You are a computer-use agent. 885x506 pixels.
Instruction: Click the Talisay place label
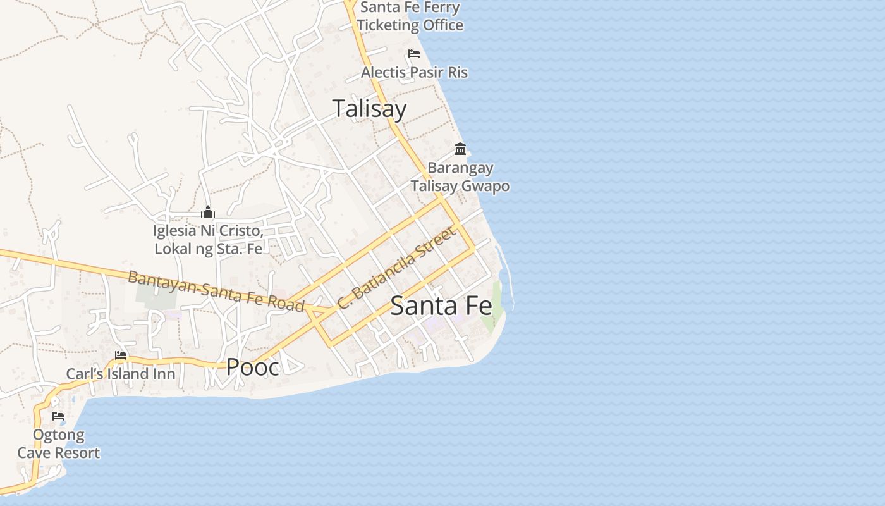(369, 109)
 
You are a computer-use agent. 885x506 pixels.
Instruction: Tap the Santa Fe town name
(441, 306)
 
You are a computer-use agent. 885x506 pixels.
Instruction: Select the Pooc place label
(252, 367)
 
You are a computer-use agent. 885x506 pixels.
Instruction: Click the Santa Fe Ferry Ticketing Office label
(410, 16)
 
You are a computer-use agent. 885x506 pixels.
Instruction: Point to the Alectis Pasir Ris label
(414, 72)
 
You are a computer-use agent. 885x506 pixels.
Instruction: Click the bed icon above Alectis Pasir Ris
(414, 54)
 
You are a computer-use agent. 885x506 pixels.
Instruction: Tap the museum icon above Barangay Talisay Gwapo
(460, 149)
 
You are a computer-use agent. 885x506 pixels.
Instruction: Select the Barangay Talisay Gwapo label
(460, 177)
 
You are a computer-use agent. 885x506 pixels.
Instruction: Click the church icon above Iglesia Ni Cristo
(208, 212)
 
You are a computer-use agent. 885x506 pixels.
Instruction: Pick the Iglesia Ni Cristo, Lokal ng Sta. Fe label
(208, 240)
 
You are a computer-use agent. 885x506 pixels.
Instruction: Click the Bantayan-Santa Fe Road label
(216, 291)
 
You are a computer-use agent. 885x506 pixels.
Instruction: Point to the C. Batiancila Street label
(396, 268)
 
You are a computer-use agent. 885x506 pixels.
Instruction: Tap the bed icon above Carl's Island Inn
(121, 355)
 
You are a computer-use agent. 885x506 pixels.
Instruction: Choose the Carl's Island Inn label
(121, 374)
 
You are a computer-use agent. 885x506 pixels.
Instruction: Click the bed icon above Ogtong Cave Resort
(58, 416)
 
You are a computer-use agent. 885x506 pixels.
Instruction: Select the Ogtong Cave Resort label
(58, 444)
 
